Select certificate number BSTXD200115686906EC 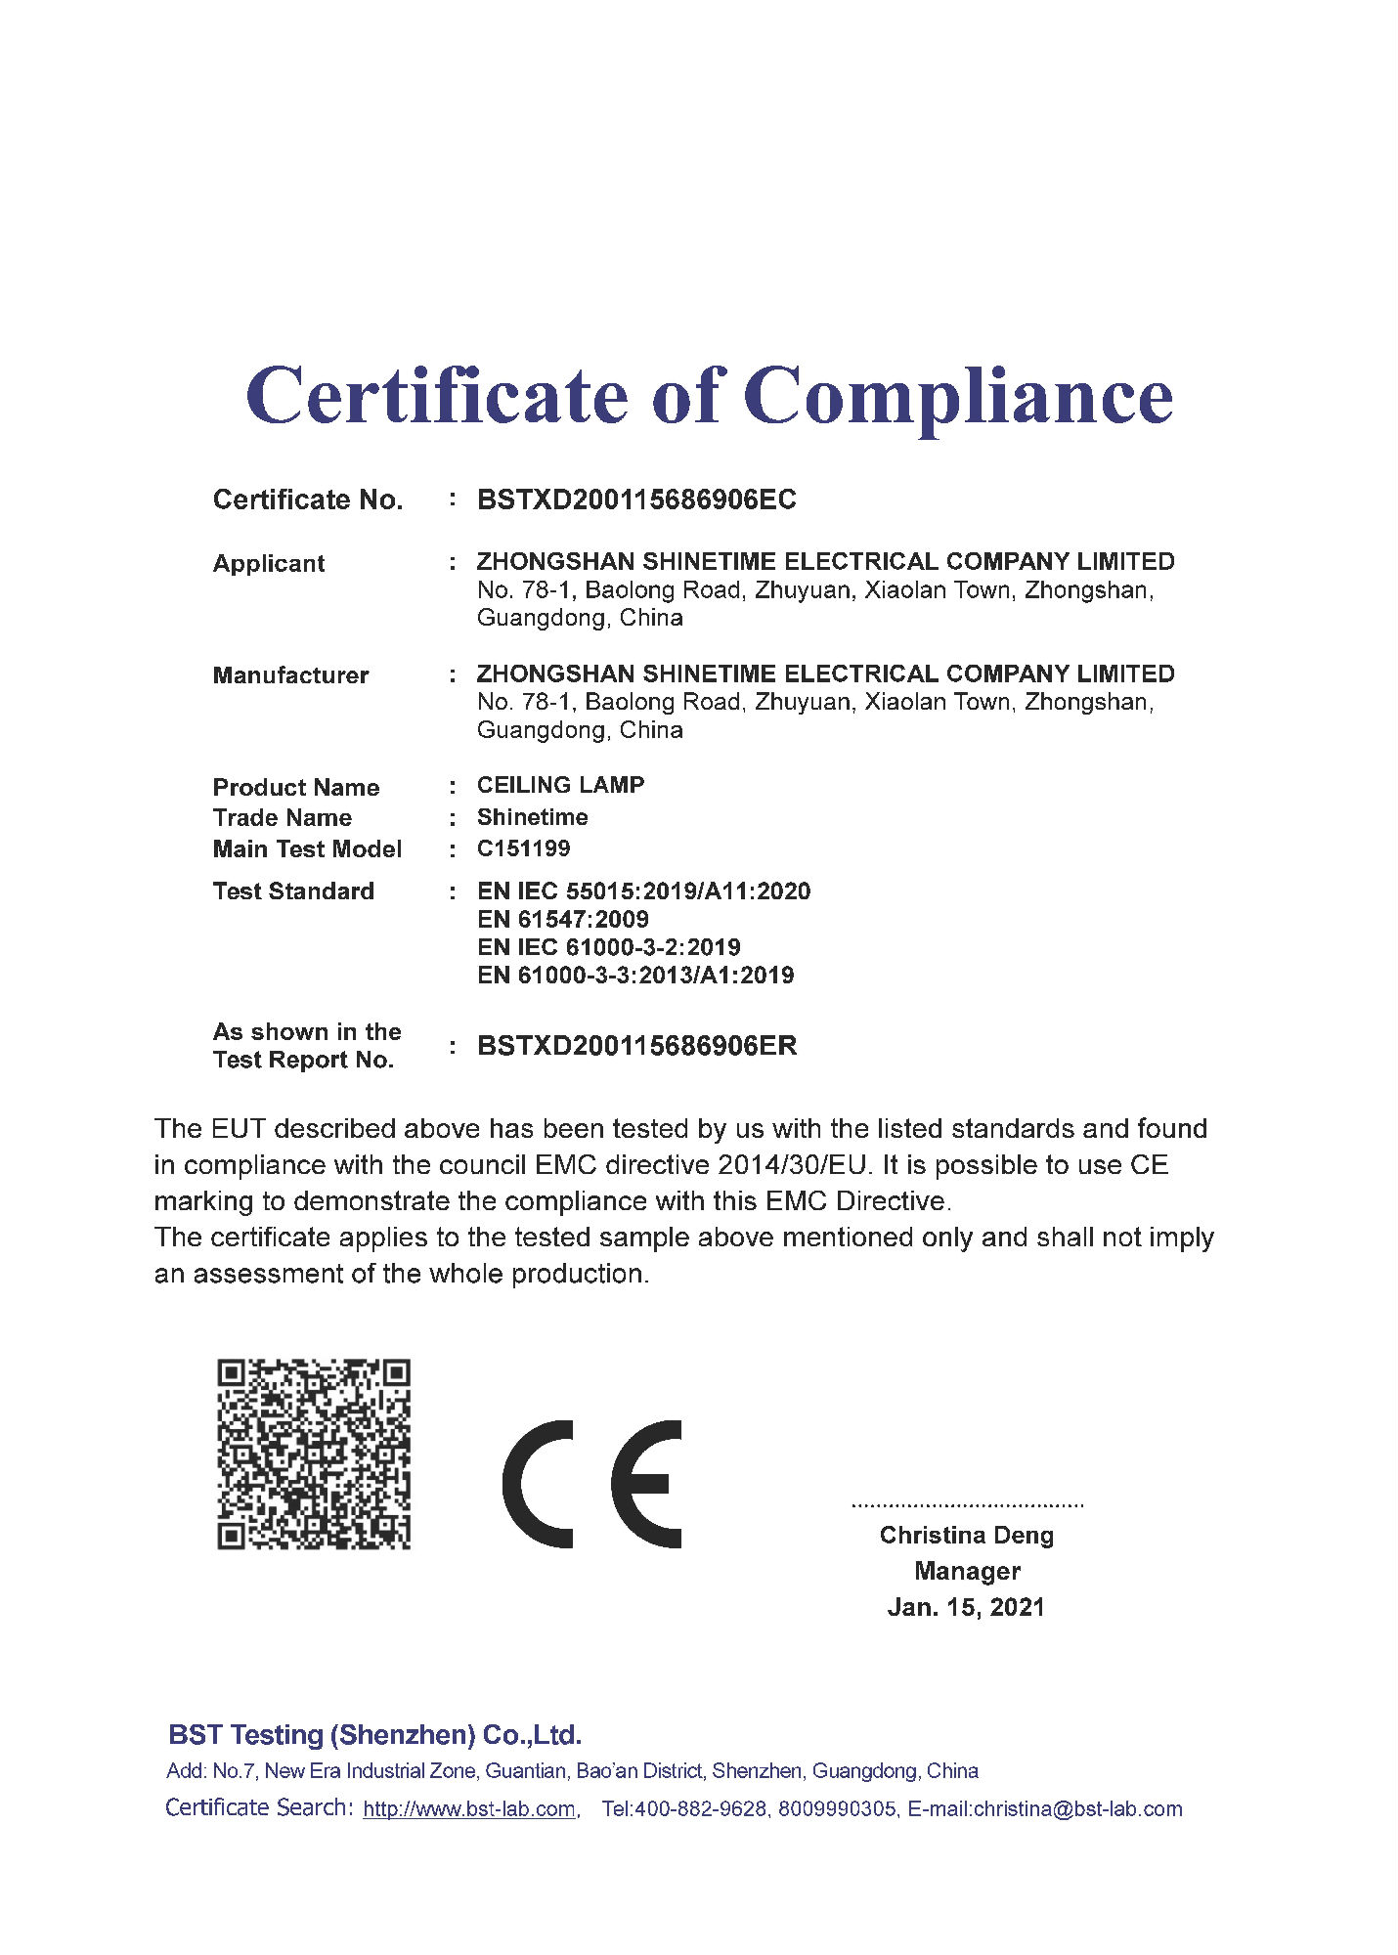(x=636, y=500)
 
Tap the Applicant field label (x=269, y=564)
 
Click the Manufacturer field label (x=290, y=675)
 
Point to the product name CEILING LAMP (x=560, y=786)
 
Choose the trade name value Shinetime (x=532, y=817)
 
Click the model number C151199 (x=523, y=848)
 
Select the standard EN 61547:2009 (x=563, y=920)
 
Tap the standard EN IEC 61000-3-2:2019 (x=608, y=947)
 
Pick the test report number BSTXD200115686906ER (x=636, y=1047)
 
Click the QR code (x=313, y=1454)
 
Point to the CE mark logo (x=592, y=1484)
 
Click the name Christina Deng (x=966, y=1536)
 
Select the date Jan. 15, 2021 (x=966, y=1608)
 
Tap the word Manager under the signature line (x=967, y=1572)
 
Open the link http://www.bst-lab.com (x=468, y=1809)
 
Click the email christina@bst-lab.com (x=1077, y=1809)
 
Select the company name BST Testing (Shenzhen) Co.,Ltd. (x=374, y=1735)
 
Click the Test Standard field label (x=293, y=891)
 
